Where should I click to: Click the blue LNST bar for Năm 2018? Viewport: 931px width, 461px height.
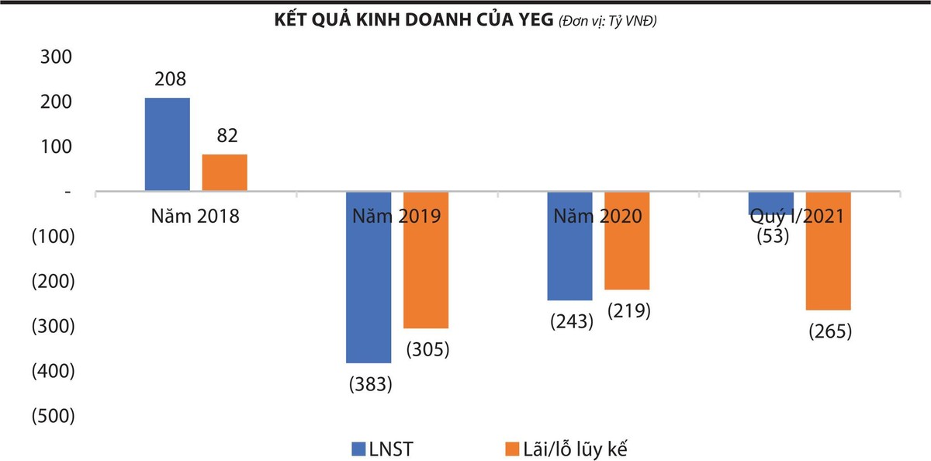coord(167,144)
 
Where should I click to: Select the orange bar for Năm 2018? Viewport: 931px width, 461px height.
coord(224,172)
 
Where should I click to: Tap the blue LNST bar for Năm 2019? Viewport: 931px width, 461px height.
coord(369,277)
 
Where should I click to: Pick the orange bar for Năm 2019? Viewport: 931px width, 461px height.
coord(426,260)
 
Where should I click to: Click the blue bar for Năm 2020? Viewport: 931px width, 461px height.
coord(569,246)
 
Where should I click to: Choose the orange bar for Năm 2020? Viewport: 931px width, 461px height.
coord(627,241)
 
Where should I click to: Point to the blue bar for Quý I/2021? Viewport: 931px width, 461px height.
coord(771,203)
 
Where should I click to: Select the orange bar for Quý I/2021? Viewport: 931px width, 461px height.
coord(829,251)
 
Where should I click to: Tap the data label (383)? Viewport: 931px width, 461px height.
coord(371,383)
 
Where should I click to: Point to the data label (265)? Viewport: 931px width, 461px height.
coord(830,331)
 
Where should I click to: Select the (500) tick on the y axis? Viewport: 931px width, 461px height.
coord(51,416)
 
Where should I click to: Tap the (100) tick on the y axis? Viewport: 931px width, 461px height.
coord(51,237)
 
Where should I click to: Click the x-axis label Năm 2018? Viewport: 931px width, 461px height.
coord(196,216)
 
